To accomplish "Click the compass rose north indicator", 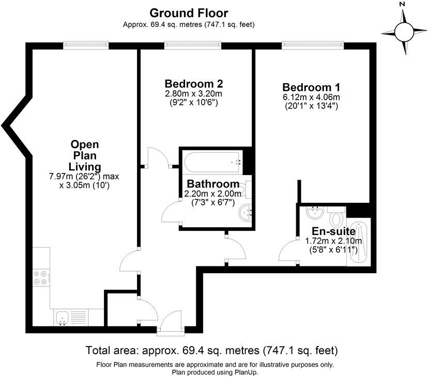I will [x=405, y=29].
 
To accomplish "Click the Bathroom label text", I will [x=213, y=184].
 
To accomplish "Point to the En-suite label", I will [x=333, y=231].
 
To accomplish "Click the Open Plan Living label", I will [x=85, y=155].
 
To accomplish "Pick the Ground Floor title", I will [x=189, y=13].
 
